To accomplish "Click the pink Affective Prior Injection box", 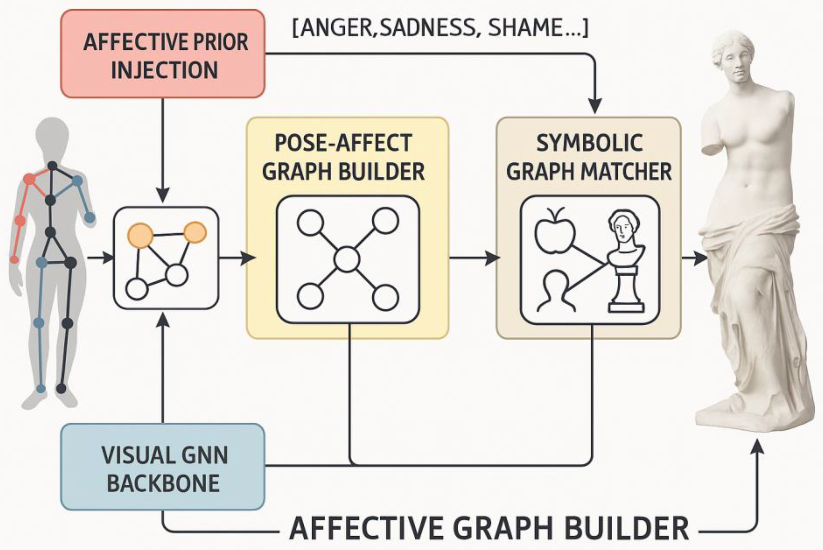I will click(x=163, y=54).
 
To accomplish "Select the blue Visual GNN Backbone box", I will click(x=163, y=467).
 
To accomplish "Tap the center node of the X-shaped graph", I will click(x=347, y=260).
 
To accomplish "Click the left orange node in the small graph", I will click(x=140, y=236).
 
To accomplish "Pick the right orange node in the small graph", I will click(x=195, y=232).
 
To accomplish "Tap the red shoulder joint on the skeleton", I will click(x=29, y=179).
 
